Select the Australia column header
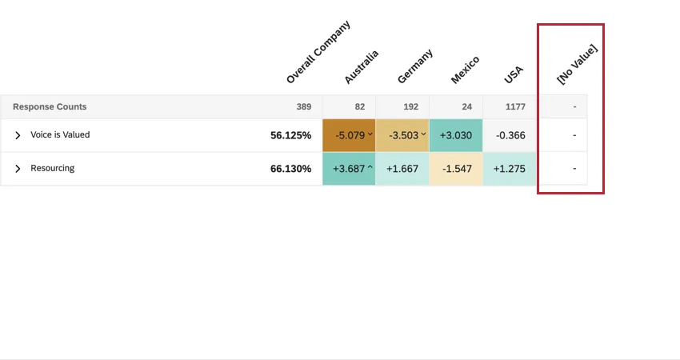361,66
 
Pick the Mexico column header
465,70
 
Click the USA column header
514,74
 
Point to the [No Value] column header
577,64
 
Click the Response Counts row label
50,106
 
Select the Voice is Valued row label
60,135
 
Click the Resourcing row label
52,169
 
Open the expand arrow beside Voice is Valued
18,136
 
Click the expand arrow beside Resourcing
18,169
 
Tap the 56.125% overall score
290,135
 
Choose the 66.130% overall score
290,169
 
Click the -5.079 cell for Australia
349,135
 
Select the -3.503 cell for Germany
402,135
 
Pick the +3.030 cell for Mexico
456,135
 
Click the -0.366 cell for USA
510,135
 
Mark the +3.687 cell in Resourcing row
349,169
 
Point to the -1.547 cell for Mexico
456,169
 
